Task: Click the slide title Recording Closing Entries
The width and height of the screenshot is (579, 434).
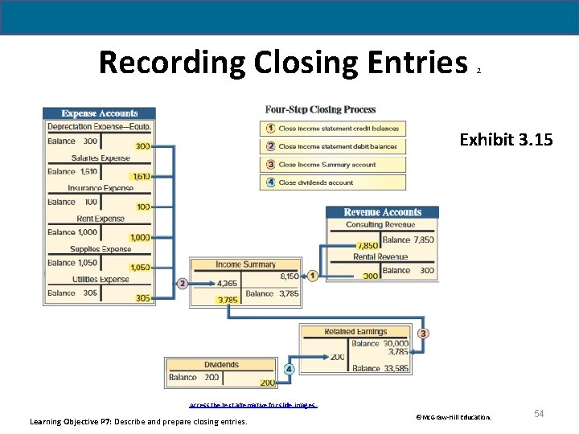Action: pyautogui.click(x=283, y=62)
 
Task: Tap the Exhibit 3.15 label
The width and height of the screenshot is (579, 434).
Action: pyautogui.click(x=506, y=140)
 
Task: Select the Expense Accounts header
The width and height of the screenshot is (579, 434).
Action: pyautogui.click(x=100, y=113)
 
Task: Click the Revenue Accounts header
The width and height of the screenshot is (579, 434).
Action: pyautogui.click(x=382, y=212)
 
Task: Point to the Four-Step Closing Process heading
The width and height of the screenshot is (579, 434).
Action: pyautogui.click(x=320, y=109)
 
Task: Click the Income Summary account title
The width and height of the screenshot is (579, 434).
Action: pyautogui.click(x=245, y=264)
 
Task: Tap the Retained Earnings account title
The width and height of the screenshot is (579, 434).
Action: pyautogui.click(x=355, y=331)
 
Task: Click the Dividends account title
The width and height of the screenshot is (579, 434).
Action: pyautogui.click(x=221, y=364)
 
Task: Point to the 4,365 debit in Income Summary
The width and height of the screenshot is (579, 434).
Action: pyautogui.click(x=228, y=283)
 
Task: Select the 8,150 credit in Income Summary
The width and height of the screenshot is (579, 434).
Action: pyautogui.click(x=289, y=276)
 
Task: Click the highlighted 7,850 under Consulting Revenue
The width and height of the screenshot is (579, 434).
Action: pyautogui.click(x=367, y=245)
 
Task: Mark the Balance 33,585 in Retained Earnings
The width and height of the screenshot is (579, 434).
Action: pyautogui.click(x=380, y=368)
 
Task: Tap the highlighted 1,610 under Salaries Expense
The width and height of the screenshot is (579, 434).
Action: pyautogui.click(x=140, y=177)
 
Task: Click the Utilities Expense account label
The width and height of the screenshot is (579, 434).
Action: pyautogui.click(x=100, y=279)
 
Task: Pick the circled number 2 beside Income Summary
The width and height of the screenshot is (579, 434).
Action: pyautogui.click(x=183, y=283)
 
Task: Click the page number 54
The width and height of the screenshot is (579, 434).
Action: pyautogui.click(x=539, y=413)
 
